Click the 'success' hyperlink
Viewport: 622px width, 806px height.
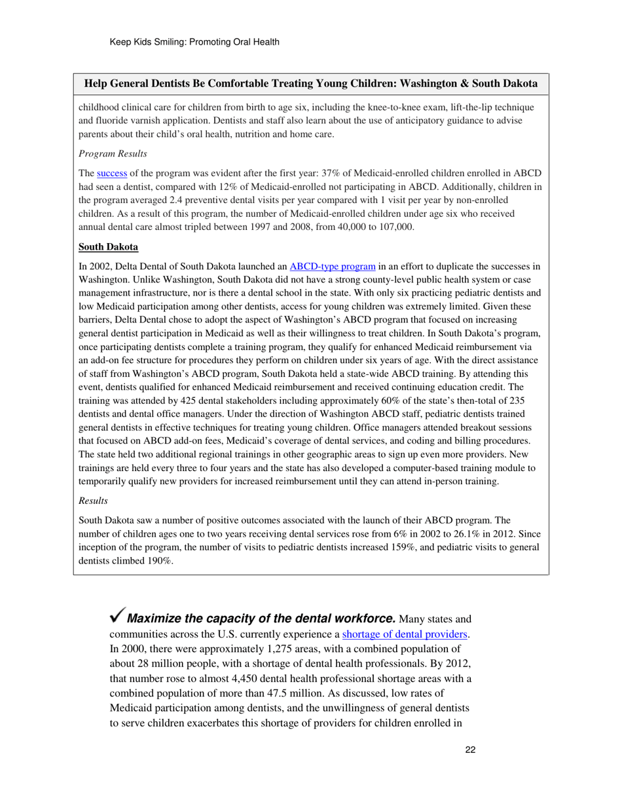tap(111, 174)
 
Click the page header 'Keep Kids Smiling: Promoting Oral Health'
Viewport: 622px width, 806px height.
tap(195, 42)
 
